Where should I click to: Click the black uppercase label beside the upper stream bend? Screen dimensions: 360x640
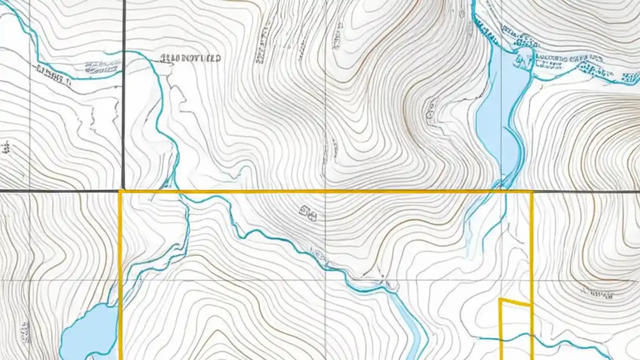190,58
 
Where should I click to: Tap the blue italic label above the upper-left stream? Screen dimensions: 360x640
102,66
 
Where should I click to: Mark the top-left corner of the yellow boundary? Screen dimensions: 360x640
120,191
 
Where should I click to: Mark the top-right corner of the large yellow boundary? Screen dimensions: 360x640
531,191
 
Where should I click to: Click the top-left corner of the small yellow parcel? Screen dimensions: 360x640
500,299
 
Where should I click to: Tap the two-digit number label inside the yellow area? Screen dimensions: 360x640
308,214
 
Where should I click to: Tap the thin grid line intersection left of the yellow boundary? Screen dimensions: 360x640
29,279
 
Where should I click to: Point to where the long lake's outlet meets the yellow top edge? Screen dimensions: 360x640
500,190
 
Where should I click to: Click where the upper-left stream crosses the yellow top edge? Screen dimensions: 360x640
178,191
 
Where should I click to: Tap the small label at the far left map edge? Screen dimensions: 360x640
6,147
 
